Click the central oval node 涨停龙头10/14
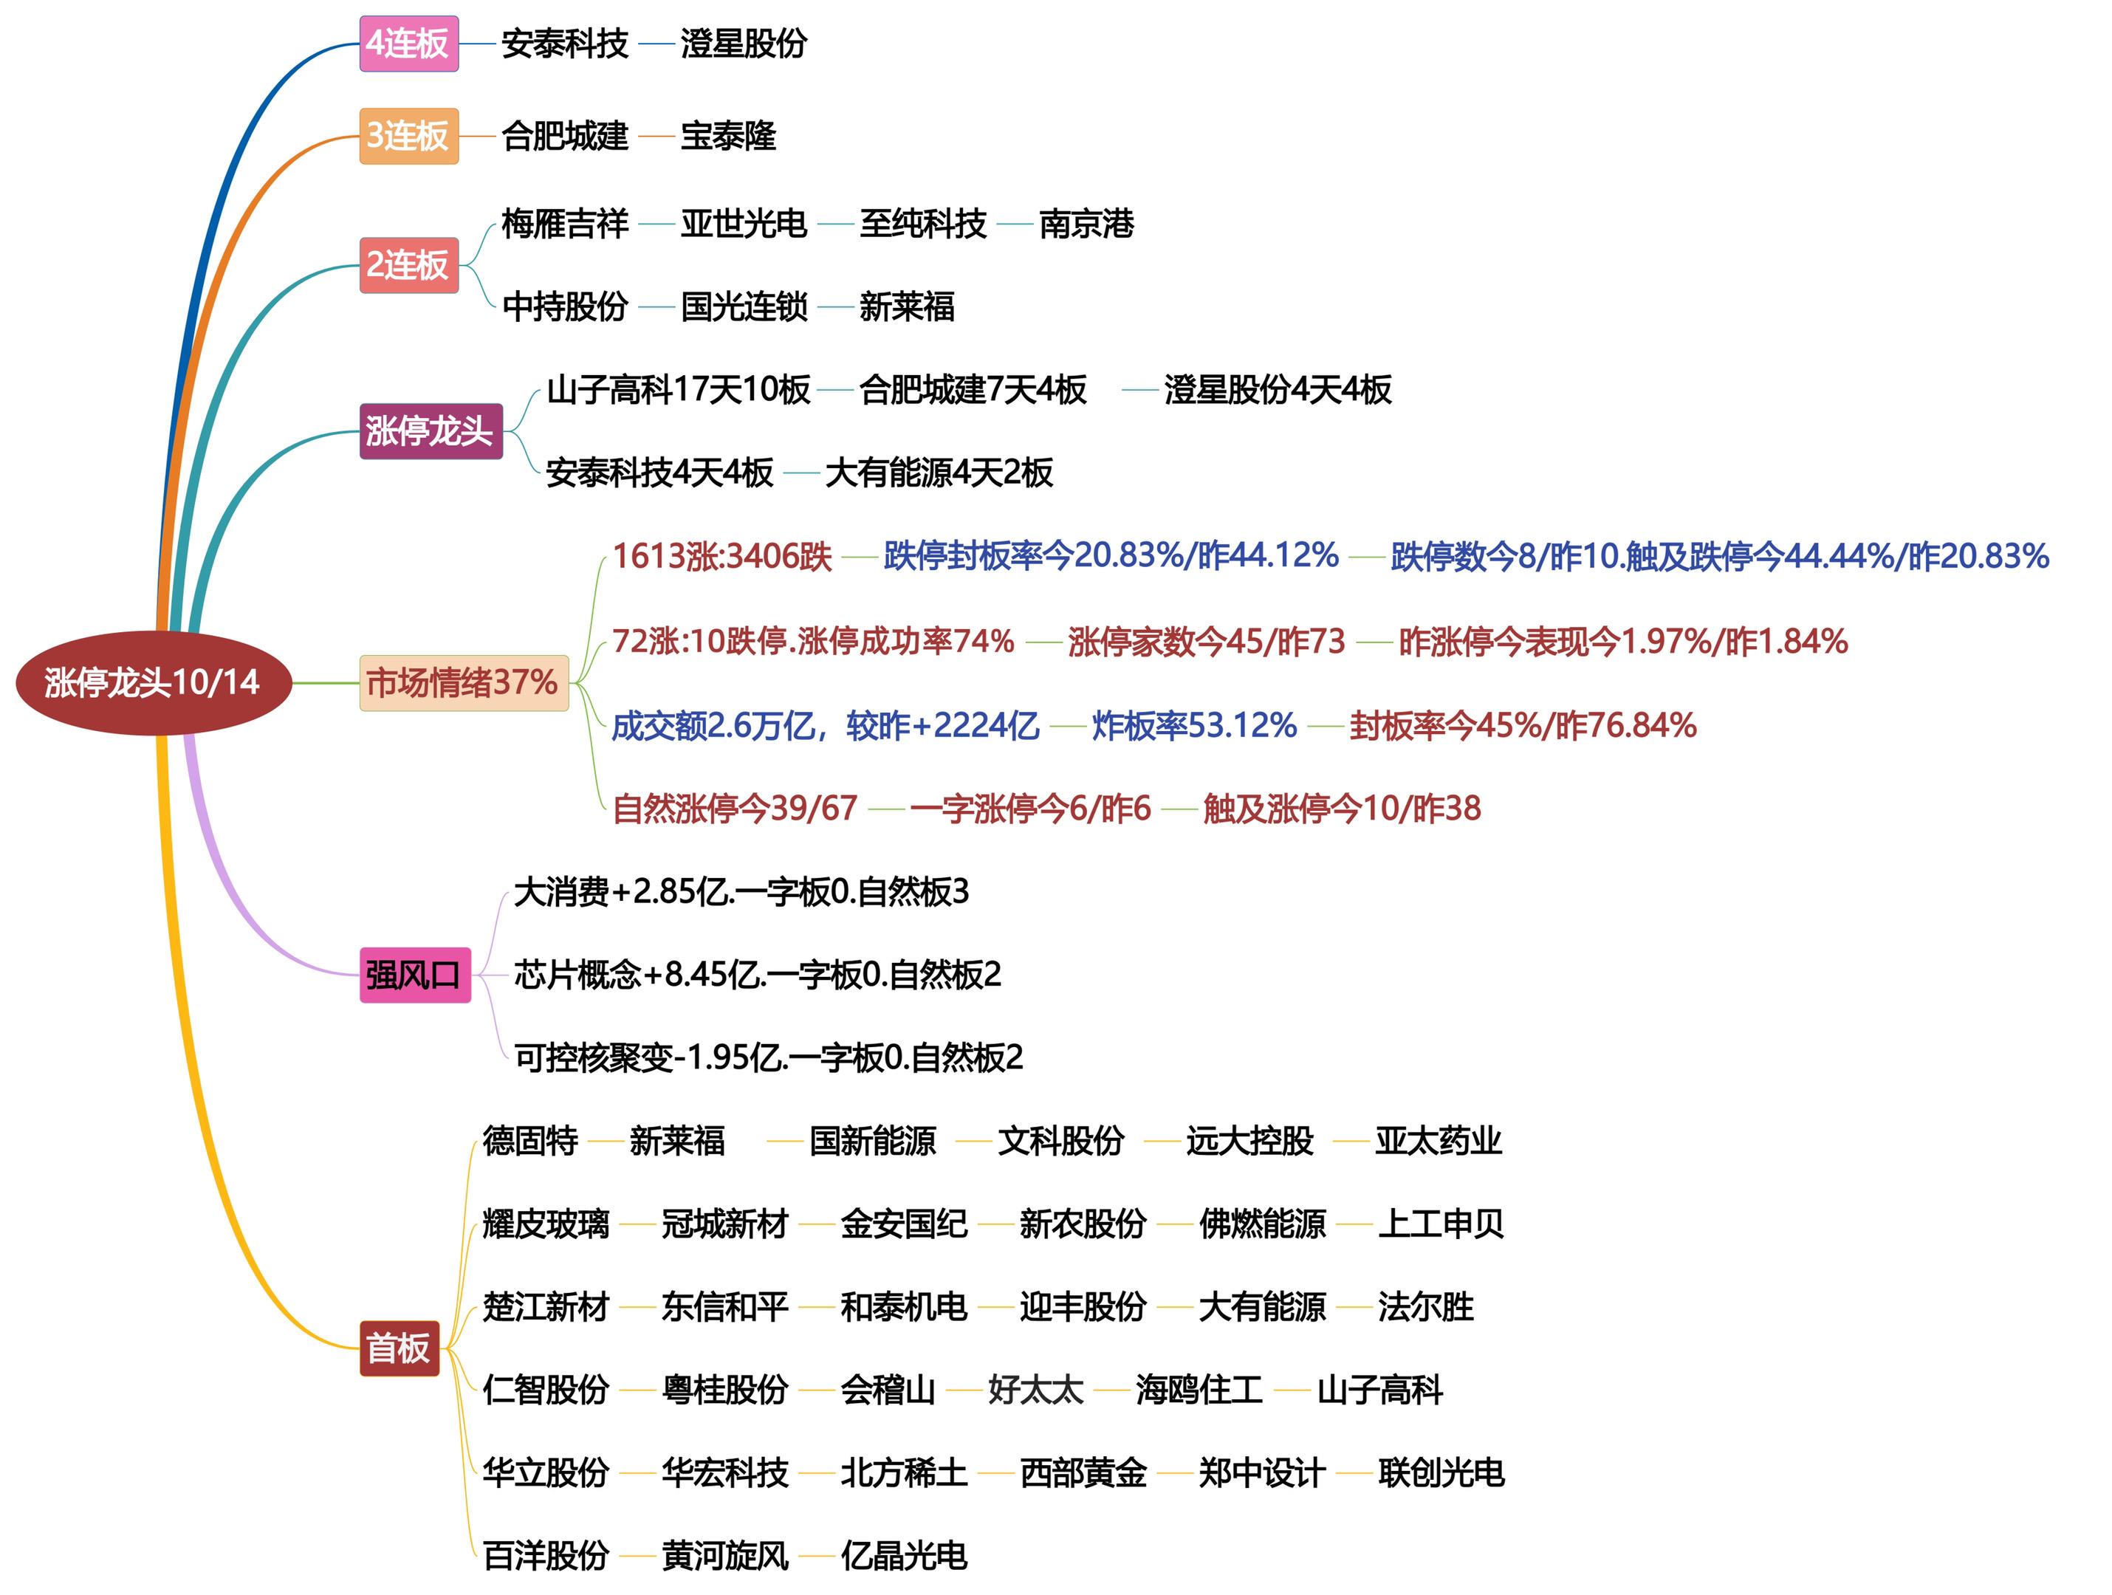tap(153, 682)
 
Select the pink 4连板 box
tap(408, 44)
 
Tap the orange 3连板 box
tap(408, 137)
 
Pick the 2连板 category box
tap(408, 264)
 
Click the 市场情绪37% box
tap(463, 682)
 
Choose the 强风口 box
tap(414, 975)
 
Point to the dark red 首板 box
tap(399, 1348)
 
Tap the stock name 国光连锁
tap(744, 307)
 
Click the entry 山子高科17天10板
tap(678, 389)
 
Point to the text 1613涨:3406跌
tap(721, 555)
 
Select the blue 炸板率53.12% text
tap(1193, 725)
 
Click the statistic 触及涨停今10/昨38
tap(1342, 809)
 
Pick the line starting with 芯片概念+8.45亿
tap(757, 975)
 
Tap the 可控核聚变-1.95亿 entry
tap(768, 1057)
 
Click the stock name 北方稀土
tap(903, 1473)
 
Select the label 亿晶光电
tap(903, 1556)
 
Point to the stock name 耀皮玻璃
tap(545, 1224)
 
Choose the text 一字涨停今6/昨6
tap(1030, 809)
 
